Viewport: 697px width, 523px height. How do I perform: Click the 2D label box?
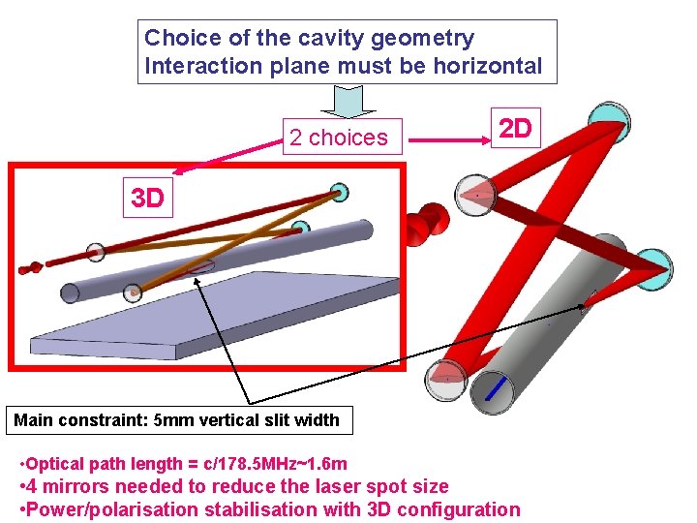coord(515,129)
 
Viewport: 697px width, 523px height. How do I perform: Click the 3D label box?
coord(147,199)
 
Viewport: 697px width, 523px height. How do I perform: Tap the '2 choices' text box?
coord(338,138)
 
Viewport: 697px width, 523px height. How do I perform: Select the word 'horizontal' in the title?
coord(488,66)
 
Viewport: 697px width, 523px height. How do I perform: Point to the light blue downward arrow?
coord(348,102)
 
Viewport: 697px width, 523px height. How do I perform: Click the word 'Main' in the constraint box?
coord(34,419)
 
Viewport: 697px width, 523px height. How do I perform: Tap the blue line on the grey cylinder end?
coord(496,388)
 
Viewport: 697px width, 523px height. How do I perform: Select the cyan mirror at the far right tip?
coord(657,265)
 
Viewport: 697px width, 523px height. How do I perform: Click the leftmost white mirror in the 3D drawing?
coord(95,253)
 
